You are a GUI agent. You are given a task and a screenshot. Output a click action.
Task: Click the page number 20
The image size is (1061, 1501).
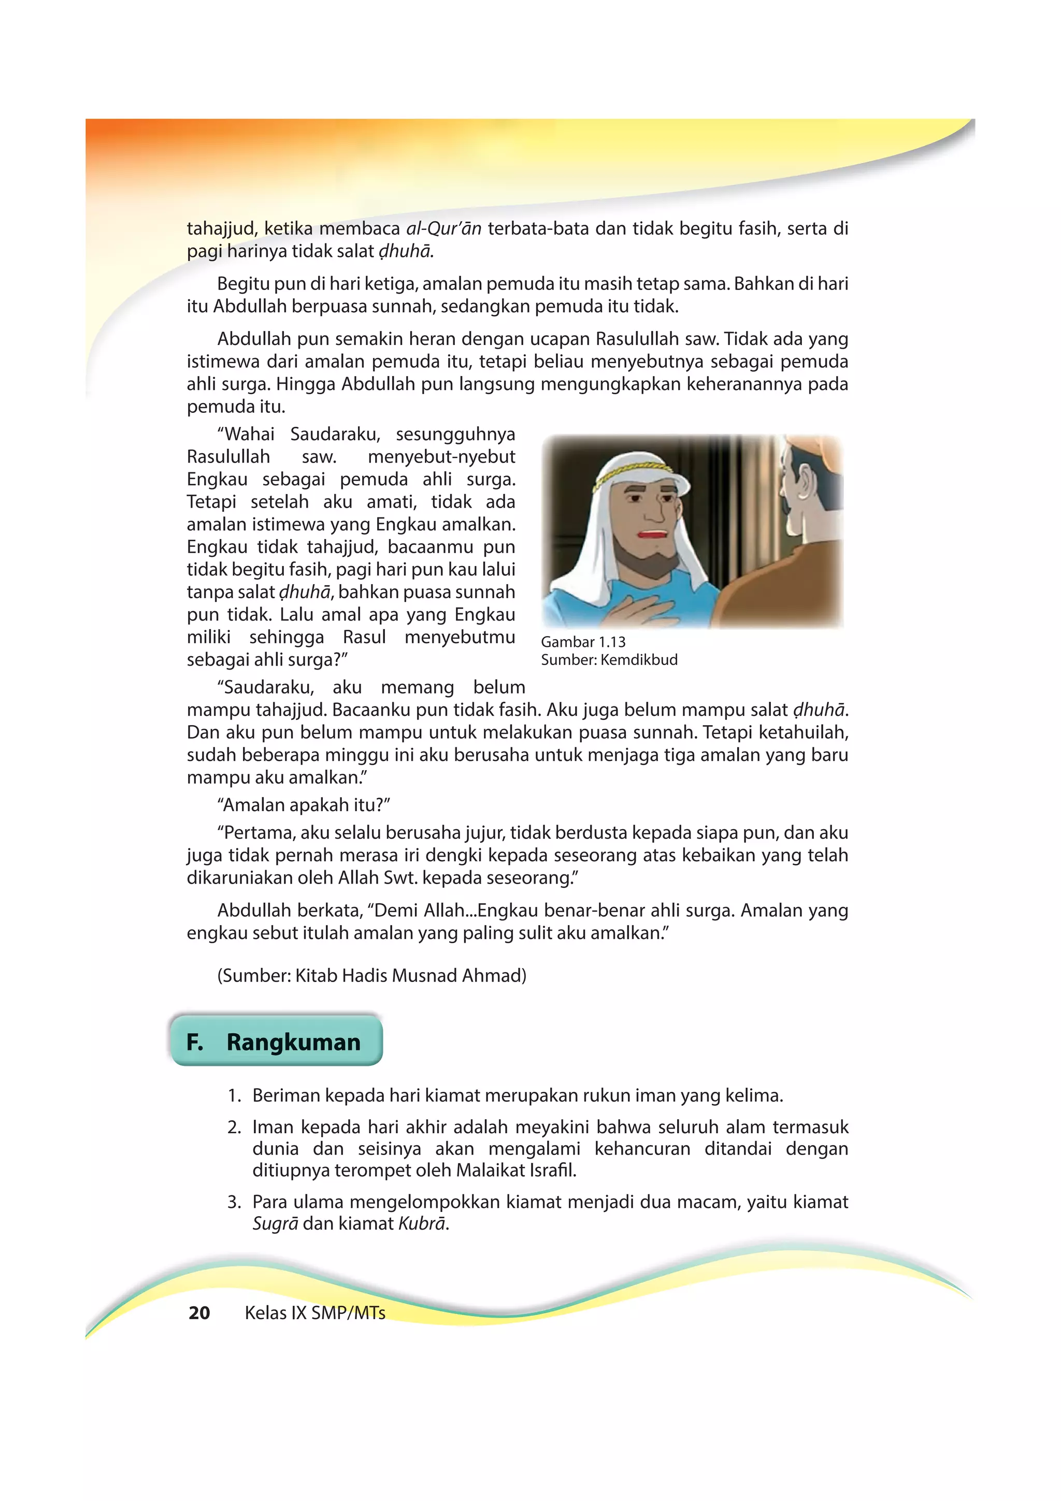click(199, 1312)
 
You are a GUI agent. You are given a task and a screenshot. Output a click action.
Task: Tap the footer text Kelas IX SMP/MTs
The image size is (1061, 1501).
click(314, 1312)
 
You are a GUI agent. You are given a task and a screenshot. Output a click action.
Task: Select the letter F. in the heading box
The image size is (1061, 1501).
click(194, 1042)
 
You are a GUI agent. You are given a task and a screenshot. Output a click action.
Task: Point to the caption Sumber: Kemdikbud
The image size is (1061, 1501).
click(609, 660)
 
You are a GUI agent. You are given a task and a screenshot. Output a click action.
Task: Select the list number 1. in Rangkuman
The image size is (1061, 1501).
click(234, 1095)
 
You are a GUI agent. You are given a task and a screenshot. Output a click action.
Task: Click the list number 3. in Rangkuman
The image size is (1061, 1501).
click(234, 1202)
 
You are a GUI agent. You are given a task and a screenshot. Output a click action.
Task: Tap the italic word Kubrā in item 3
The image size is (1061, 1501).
click(422, 1224)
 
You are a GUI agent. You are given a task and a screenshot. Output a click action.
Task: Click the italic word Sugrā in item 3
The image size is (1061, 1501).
click(275, 1224)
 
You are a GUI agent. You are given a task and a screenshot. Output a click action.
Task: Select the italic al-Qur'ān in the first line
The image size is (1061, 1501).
click(443, 229)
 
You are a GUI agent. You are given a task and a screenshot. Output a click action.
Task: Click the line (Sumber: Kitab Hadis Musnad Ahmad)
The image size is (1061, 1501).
click(371, 976)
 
